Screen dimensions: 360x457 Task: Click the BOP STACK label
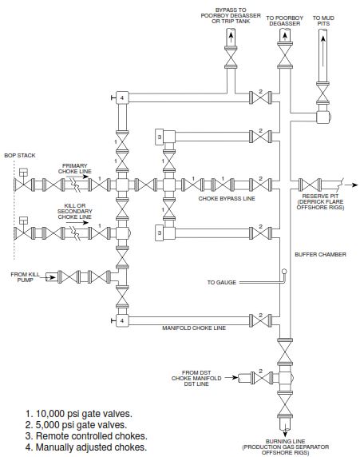click(20, 155)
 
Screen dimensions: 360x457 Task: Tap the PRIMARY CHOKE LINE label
click(75, 169)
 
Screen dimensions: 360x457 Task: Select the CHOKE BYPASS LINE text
click(227, 198)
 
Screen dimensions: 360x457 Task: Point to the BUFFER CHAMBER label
click(320, 254)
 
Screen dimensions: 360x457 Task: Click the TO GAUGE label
click(222, 282)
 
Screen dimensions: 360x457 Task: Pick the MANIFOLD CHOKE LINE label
click(194, 328)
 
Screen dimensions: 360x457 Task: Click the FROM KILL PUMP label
click(25, 277)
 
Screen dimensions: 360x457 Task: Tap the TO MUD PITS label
click(323, 21)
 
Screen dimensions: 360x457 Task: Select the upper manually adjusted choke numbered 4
click(122, 97)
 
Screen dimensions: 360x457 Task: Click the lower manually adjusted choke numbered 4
click(122, 320)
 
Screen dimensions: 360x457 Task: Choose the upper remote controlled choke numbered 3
click(160, 136)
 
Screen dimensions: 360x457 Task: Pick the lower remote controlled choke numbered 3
click(160, 232)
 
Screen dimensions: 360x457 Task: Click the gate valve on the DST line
click(261, 378)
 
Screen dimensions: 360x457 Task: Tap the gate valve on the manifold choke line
click(261, 320)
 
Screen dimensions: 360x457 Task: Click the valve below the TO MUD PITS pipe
click(323, 93)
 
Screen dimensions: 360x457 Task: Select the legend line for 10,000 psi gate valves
click(79, 414)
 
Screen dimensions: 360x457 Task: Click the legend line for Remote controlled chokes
click(86, 436)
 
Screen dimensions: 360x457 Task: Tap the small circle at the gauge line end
click(284, 272)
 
